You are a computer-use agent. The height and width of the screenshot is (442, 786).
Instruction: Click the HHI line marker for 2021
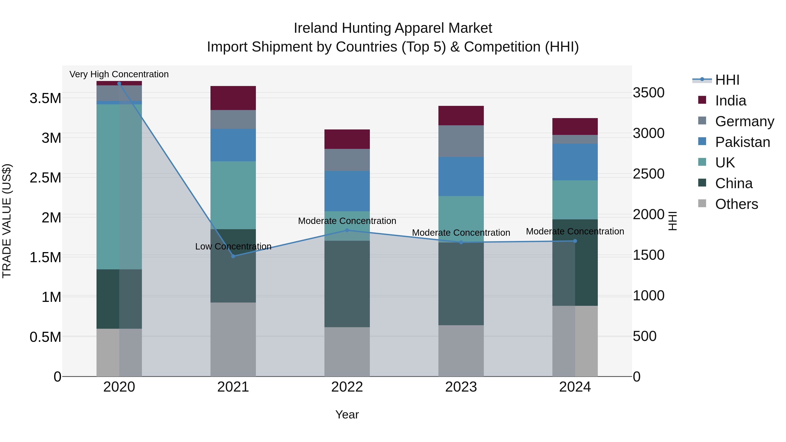[x=233, y=256]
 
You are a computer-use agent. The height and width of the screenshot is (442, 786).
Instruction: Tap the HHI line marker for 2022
[x=347, y=230]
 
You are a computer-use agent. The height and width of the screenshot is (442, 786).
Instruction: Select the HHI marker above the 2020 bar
[x=119, y=83]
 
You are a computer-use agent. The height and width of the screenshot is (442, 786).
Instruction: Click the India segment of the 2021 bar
[x=233, y=98]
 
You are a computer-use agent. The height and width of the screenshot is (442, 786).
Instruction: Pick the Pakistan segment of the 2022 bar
[x=347, y=191]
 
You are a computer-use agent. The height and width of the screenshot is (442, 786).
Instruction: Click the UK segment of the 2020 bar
[x=119, y=187]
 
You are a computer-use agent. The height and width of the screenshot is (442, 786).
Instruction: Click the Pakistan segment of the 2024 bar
[x=575, y=162]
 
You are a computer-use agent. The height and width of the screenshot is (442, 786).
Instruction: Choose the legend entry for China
[x=734, y=184]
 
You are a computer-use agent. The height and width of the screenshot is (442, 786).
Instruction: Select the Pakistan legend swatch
[x=702, y=141]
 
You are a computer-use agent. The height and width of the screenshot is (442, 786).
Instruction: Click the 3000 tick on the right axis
[x=648, y=133]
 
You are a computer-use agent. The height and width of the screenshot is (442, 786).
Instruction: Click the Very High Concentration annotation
[x=119, y=74]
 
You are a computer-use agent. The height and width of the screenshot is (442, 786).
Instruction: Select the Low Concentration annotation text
[x=233, y=246]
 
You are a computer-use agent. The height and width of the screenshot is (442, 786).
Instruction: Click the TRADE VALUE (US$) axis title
[x=7, y=221]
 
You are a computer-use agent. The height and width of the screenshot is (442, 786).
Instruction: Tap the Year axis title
[x=347, y=414]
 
